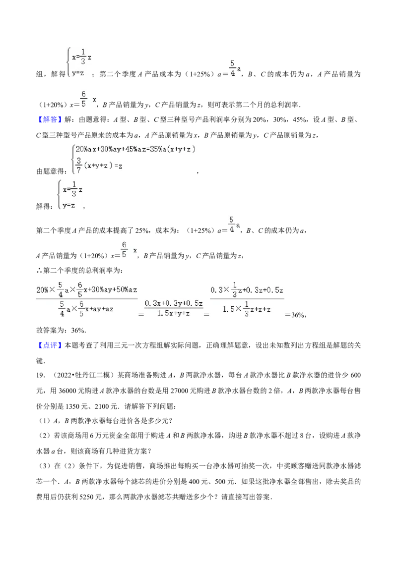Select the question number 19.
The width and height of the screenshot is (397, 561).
[x=40, y=375]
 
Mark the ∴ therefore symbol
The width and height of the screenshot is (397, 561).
[x=39, y=271]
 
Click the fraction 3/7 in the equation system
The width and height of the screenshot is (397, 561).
[x=79, y=166]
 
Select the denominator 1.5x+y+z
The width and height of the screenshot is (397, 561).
[x=173, y=313]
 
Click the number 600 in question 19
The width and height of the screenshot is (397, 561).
[x=355, y=375]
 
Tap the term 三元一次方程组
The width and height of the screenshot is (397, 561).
[x=135, y=345]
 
